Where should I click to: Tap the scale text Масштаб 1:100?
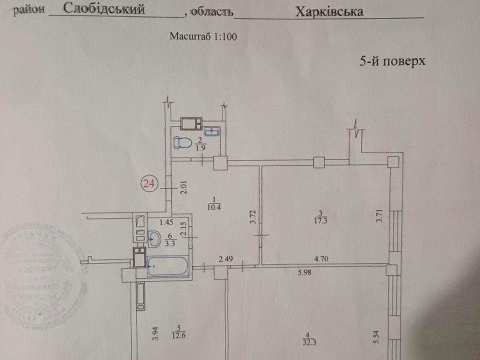[202, 36]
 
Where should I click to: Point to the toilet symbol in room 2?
[181, 142]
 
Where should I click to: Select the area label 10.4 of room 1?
[216, 205]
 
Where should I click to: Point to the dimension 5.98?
[306, 272]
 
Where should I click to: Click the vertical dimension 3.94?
[155, 332]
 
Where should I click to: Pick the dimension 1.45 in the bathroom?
[166, 222]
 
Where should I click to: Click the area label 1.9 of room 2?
[201, 148]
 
